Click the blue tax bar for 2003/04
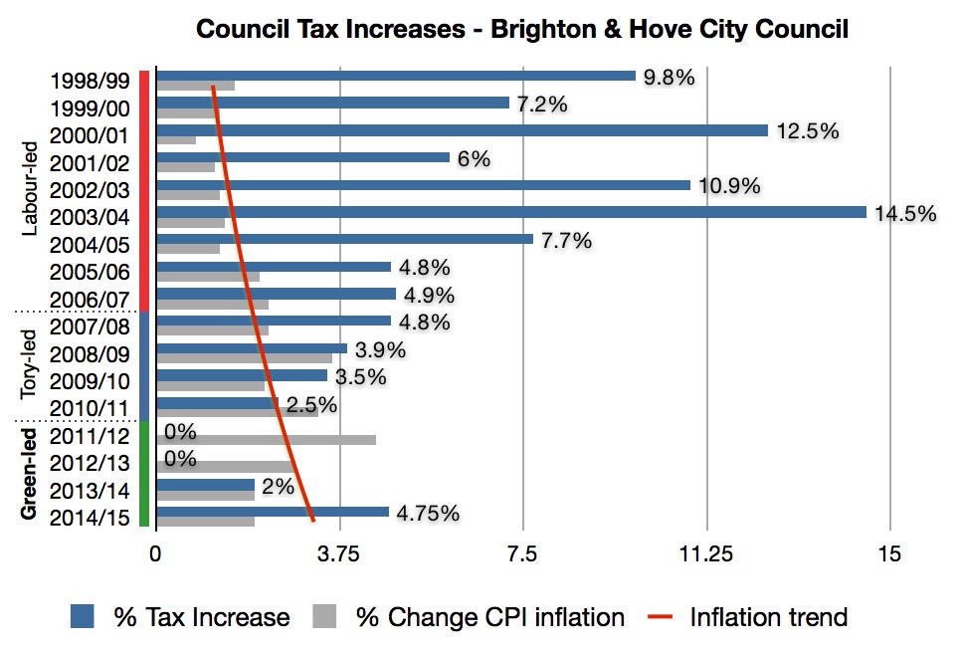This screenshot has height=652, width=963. coord(511,212)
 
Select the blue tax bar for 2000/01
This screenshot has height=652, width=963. coord(462,130)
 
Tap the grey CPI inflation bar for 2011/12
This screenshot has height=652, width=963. coord(266,440)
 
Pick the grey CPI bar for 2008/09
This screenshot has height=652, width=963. coord(244,358)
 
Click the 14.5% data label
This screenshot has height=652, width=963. coord(905,213)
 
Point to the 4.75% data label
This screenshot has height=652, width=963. coord(428,514)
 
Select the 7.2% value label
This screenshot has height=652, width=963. coord(542,105)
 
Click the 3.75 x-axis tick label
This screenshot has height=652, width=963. coord(339,555)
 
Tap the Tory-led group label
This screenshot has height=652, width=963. coord(31,365)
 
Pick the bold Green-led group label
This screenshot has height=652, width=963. coord(31,472)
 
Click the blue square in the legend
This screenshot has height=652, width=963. coord(82,617)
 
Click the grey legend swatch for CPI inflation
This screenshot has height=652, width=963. coord(324,617)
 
